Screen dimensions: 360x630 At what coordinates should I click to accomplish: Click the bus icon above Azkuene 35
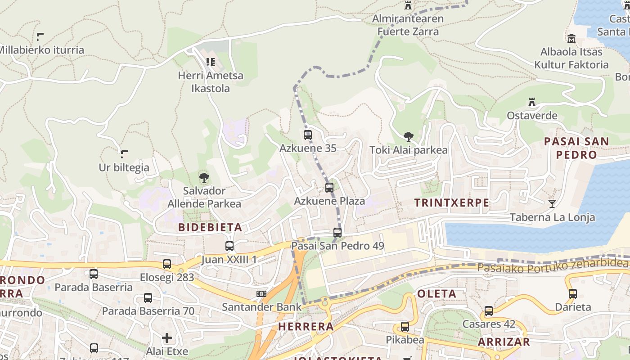pyautogui.click(x=308, y=135)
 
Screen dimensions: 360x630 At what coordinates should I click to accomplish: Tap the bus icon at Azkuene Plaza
pyautogui.click(x=329, y=187)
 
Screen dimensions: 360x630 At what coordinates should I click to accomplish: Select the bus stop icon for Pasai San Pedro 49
pyautogui.click(x=337, y=232)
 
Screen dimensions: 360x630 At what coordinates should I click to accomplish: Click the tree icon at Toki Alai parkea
pyautogui.click(x=408, y=136)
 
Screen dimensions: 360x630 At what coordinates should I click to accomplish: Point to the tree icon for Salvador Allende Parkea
pyautogui.click(x=204, y=177)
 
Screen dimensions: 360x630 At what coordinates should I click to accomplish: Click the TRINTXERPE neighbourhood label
pyautogui.click(x=451, y=202)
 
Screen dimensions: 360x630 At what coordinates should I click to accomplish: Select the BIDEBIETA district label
pyautogui.click(x=210, y=227)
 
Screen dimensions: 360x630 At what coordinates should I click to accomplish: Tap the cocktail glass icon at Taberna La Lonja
pyautogui.click(x=552, y=204)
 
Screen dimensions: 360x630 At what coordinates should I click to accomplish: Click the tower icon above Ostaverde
pyautogui.click(x=532, y=102)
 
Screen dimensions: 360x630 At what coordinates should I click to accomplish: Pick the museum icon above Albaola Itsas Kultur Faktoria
pyautogui.click(x=571, y=38)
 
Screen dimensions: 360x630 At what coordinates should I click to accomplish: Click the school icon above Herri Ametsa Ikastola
pyautogui.click(x=210, y=62)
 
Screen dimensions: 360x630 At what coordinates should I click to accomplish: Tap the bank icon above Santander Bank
pyautogui.click(x=261, y=294)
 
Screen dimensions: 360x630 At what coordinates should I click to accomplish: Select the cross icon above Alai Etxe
pyautogui.click(x=167, y=337)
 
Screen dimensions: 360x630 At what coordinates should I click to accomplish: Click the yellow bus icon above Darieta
pyautogui.click(x=572, y=294)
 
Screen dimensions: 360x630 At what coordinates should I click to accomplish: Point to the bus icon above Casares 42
pyautogui.click(x=489, y=310)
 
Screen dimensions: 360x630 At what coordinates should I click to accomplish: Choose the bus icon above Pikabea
pyautogui.click(x=405, y=327)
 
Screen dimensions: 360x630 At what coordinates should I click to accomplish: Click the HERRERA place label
pyautogui.click(x=306, y=326)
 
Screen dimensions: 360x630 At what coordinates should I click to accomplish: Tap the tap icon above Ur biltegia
pyautogui.click(x=124, y=154)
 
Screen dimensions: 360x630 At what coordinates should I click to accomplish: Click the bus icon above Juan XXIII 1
pyautogui.click(x=229, y=246)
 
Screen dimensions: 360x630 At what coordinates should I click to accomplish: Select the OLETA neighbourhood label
pyautogui.click(x=436, y=294)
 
